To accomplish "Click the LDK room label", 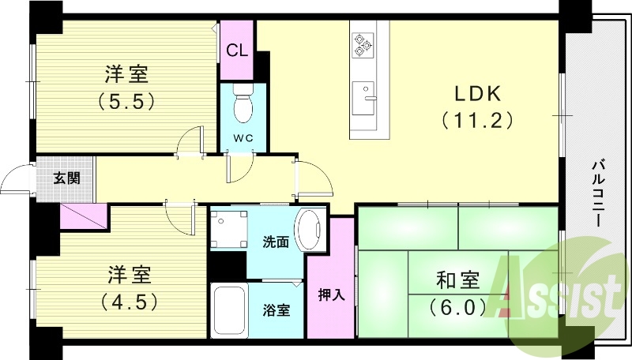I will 477,93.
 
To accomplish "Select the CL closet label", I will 237,50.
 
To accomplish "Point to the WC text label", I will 242,139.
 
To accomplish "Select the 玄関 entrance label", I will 66,178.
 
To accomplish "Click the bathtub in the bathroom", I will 229,310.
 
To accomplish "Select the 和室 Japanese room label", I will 458,280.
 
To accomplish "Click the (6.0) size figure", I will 458,306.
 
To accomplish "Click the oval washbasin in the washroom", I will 309,230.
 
